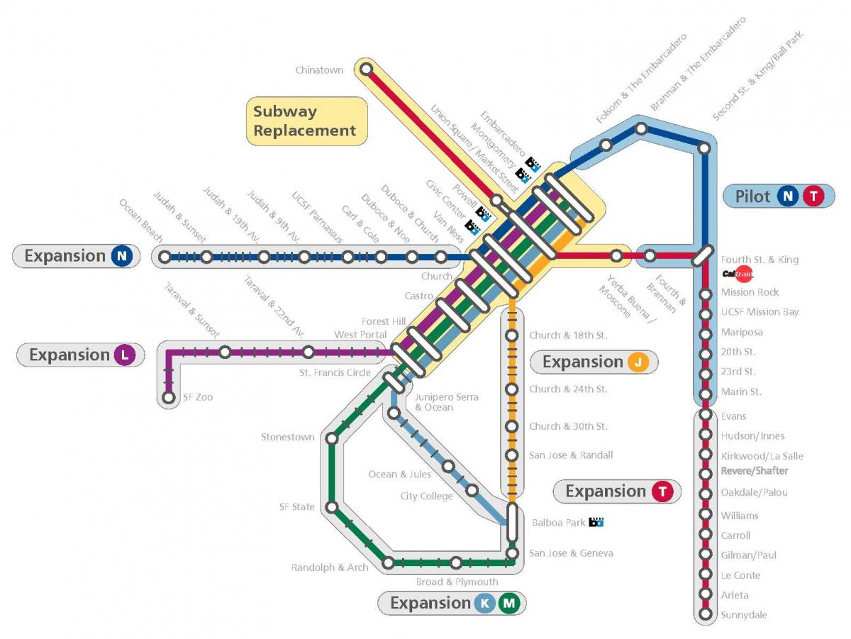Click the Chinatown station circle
pos(366,69)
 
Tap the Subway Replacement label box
pos(306,121)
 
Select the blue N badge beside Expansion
pos(121,256)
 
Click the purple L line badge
pos(124,355)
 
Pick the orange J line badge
pos(638,362)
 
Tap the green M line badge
pos(508,604)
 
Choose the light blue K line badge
pos(485,604)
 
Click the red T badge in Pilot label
pos(813,196)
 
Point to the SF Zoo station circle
pos(168,398)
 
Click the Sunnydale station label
pos(744,615)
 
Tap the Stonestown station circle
pos(331,438)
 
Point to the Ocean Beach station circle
pos(165,257)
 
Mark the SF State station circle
pos(331,507)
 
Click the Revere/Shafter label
pos(754,471)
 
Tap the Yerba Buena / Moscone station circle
pos(617,255)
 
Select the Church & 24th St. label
pos(568,389)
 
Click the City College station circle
pos(472,489)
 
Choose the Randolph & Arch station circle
pos(389,563)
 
